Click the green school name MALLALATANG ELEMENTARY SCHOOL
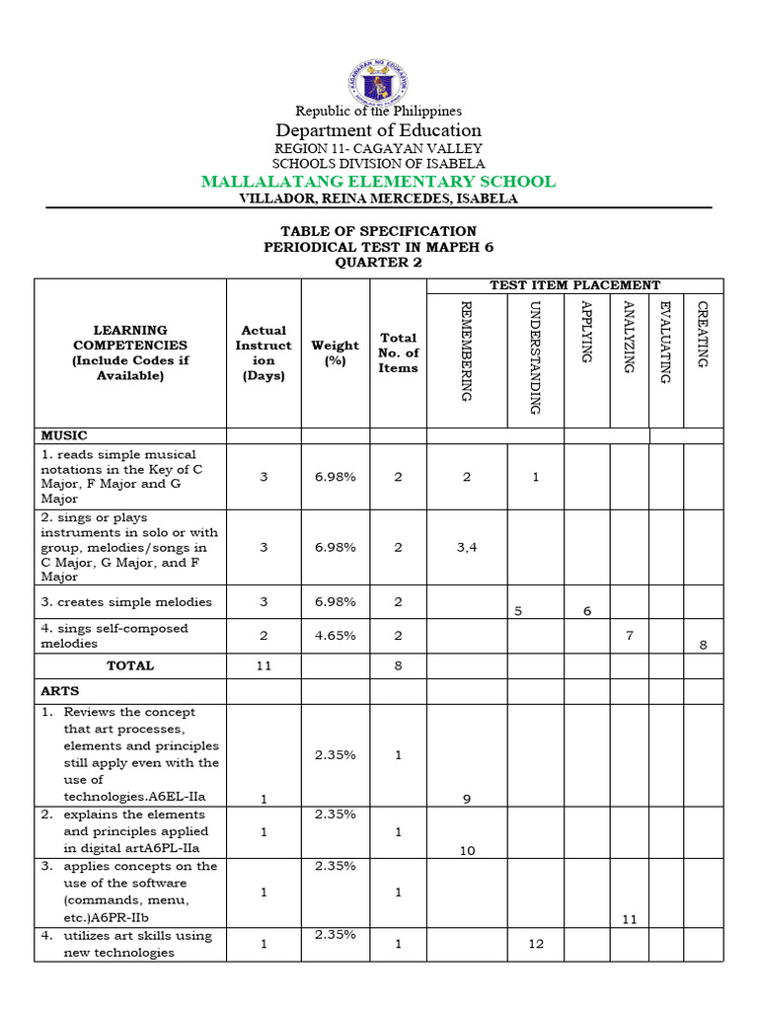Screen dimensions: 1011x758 (x=379, y=182)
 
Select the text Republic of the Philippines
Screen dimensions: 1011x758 (x=379, y=111)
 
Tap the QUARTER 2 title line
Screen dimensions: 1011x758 (x=379, y=262)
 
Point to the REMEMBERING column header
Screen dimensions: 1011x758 (x=467, y=350)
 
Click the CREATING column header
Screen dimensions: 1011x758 (x=703, y=335)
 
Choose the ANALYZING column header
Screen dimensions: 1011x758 (x=628, y=337)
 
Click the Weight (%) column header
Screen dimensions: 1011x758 (x=336, y=352)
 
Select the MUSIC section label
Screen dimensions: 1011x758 (x=64, y=435)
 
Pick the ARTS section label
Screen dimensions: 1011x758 (x=60, y=691)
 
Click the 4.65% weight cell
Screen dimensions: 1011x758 (x=336, y=636)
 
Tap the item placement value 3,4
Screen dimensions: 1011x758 (x=467, y=547)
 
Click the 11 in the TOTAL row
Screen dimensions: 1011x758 (x=264, y=665)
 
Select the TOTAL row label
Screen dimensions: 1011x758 (x=130, y=665)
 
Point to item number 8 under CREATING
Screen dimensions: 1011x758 (x=703, y=645)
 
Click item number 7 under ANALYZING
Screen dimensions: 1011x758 (x=629, y=636)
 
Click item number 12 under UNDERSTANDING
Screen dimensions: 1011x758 (x=536, y=944)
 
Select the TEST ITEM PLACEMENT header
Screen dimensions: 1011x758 (x=574, y=285)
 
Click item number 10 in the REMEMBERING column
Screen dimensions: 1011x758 (x=467, y=850)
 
